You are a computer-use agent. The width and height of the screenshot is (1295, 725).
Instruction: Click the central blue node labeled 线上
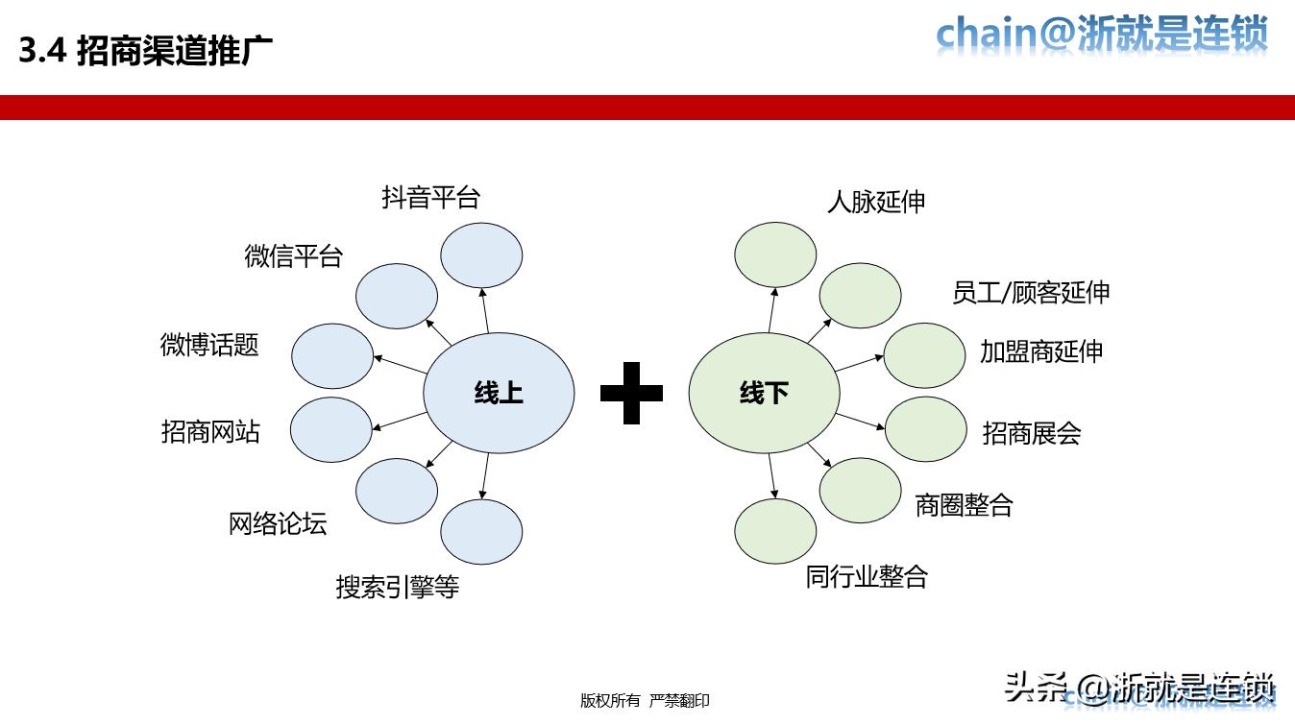499,393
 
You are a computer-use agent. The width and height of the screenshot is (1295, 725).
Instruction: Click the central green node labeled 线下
764,393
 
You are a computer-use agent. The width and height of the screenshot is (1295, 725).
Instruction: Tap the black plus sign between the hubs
631,392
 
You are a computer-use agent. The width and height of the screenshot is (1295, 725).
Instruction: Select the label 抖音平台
430,198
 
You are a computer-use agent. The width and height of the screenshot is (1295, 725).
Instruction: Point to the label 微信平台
293,256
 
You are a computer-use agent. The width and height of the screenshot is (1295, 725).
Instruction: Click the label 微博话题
209,345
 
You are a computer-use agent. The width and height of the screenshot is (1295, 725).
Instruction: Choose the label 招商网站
210,432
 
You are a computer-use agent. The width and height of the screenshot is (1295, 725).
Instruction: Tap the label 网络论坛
278,523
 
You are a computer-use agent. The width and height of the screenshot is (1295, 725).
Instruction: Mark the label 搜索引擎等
397,587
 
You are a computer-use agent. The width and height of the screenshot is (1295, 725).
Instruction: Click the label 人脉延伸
876,202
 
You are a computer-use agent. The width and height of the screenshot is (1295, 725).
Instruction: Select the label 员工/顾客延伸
1031,292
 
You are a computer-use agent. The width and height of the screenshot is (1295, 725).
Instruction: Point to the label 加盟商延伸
1041,350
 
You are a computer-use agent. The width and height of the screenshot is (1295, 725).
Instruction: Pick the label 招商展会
1032,433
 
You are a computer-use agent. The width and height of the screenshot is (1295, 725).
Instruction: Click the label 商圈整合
964,504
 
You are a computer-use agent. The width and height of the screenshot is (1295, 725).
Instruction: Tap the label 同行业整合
867,576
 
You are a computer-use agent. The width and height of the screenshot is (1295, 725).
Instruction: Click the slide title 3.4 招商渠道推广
146,51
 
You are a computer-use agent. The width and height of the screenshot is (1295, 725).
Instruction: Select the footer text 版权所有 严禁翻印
645,701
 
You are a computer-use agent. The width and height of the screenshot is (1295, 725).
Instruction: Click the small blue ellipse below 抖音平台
481,254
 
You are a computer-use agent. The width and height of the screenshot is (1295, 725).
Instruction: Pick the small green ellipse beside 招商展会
924,429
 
